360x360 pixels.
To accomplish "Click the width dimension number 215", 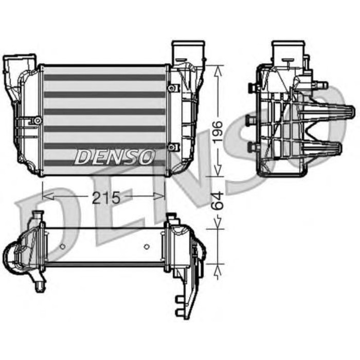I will coord(105,197).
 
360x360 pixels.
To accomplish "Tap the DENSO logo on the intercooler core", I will coord(114,156).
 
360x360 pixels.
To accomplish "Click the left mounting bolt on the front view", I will coord(37,120).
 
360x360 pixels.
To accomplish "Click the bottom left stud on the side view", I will coord(253,148).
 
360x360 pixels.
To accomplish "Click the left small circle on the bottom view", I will coord(62,246).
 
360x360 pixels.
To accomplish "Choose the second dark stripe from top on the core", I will coord(104,95).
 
